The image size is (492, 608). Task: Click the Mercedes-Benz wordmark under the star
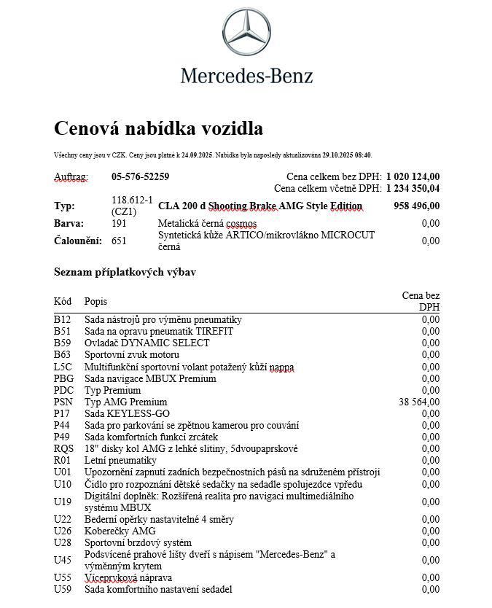[x=246, y=75]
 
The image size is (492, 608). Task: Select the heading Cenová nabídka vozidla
[x=158, y=129]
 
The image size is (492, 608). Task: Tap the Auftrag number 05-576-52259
[x=141, y=176]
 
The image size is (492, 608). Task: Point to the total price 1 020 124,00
[x=413, y=176]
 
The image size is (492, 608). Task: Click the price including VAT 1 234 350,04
[x=413, y=188]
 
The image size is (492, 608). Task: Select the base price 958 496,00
[x=416, y=206]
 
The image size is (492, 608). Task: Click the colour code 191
[x=119, y=223]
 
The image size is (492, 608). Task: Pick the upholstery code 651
[x=119, y=241]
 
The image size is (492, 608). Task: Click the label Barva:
[x=69, y=223]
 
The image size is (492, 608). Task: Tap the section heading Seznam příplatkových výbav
[x=125, y=272]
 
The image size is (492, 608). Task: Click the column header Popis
[x=95, y=301]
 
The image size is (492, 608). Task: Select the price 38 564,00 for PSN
[x=419, y=402]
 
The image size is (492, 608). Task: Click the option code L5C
[x=63, y=367]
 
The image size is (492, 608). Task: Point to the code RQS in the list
[x=64, y=448]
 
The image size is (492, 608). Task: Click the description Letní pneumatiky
[x=120, y=460]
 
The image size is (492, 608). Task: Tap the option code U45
[x=63, y=560]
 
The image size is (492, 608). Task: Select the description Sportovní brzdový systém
[x=138, y=542]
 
